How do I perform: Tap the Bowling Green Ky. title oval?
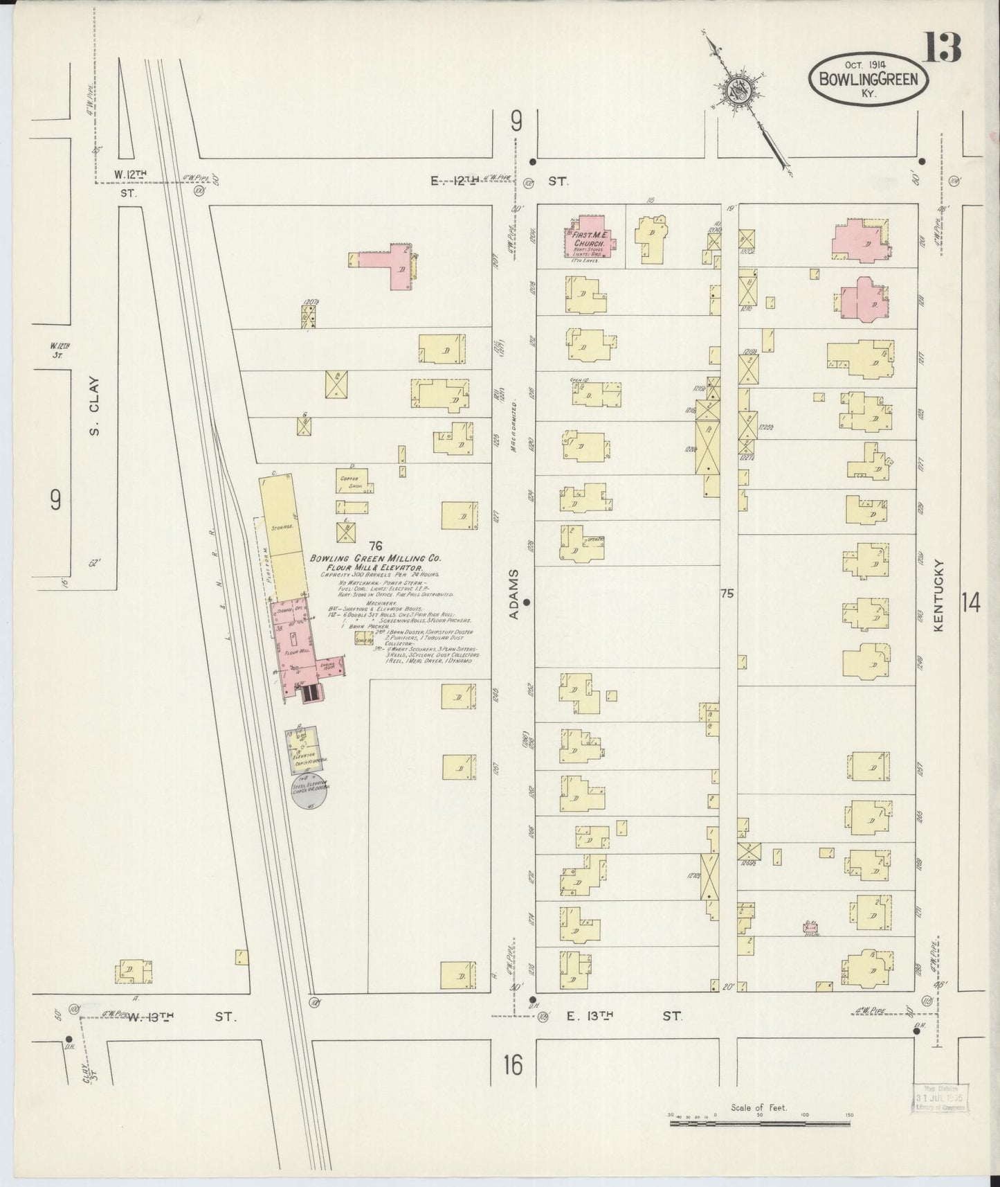(x=868, y=79)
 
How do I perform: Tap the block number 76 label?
(x=376, y=546)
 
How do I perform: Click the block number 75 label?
(x=726, y=593)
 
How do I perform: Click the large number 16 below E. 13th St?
(x=513, y=1065)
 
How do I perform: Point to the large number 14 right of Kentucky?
(x=970, y=603)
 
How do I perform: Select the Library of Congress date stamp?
(x=943, y=1100)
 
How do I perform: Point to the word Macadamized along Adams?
(x=515, y=427)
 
